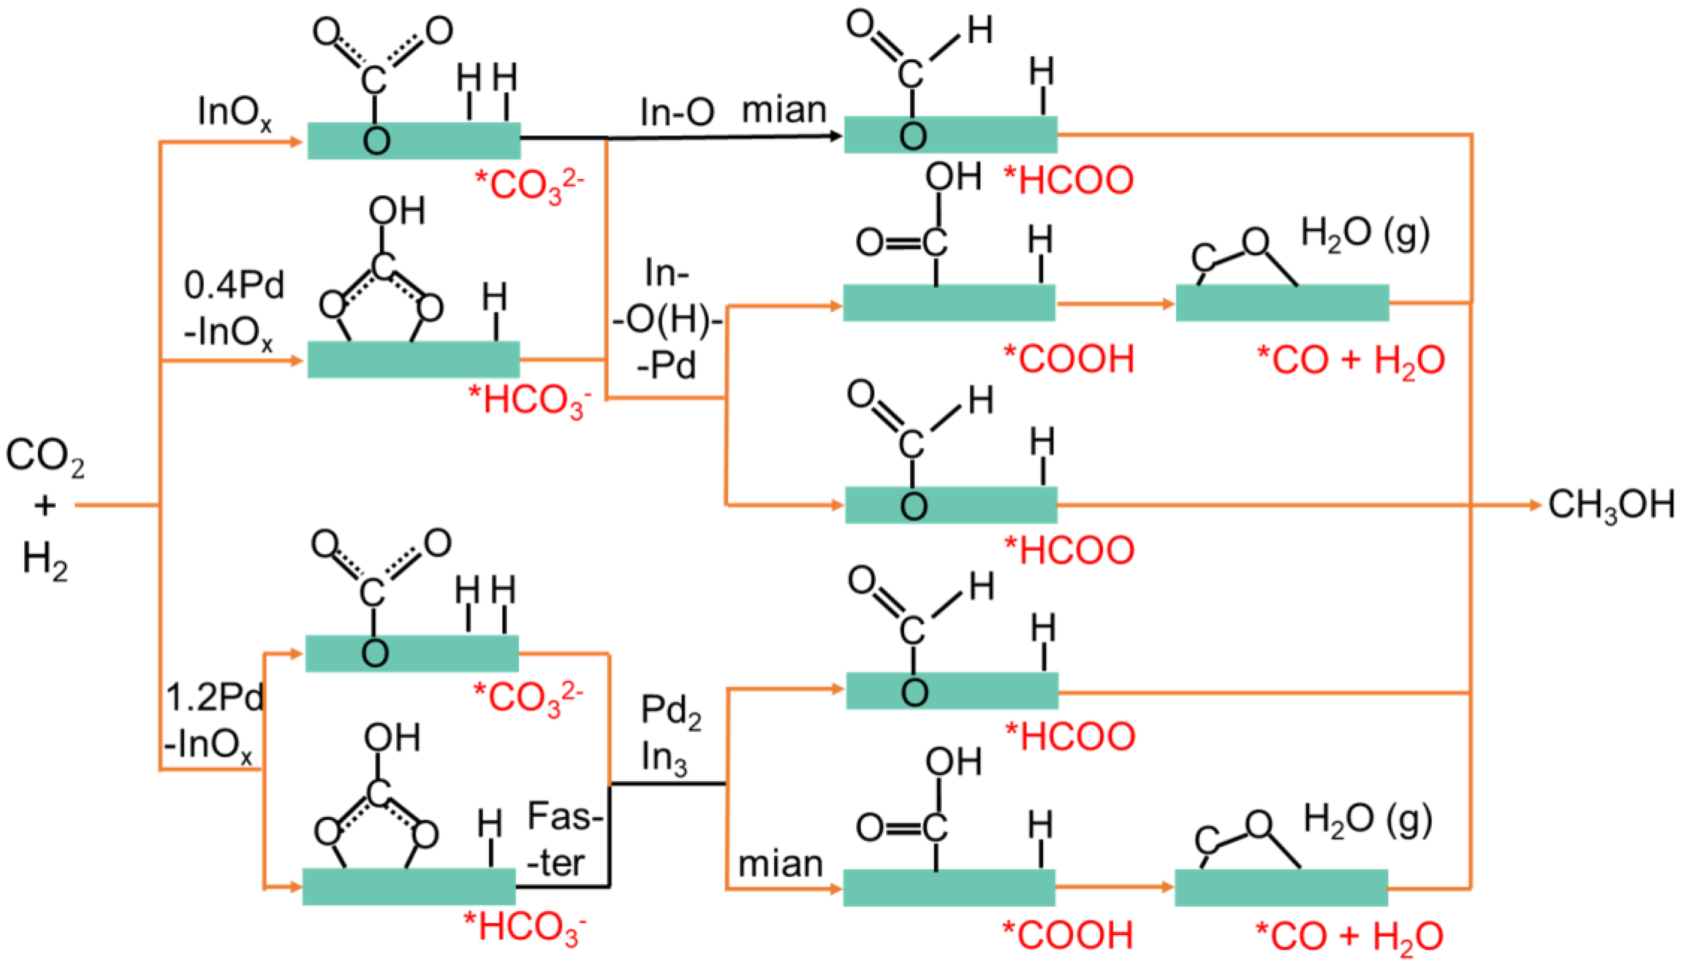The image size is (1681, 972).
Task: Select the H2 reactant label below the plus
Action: point(45,559)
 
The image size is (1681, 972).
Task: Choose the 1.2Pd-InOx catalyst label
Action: point(213,721)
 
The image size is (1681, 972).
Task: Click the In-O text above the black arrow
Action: point(676,112)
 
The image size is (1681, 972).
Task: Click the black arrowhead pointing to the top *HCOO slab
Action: point(835,136)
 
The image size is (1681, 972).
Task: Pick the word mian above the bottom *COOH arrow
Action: point(780,864)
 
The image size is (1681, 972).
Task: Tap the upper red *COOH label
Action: point(1068,359)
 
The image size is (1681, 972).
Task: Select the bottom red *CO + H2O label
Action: point(1349,936)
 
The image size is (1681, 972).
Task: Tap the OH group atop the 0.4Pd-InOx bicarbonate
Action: point(397,211)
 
